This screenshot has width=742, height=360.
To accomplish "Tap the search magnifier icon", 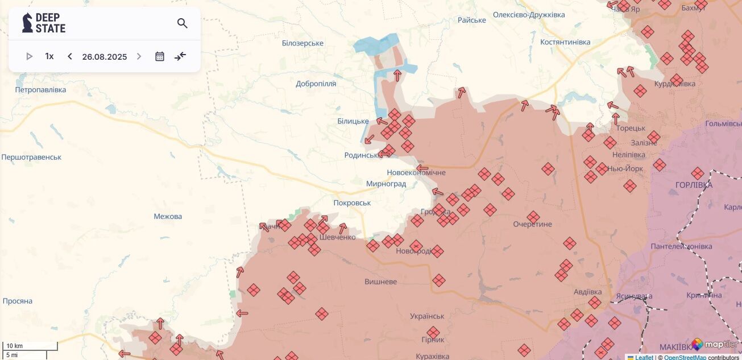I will (182, 23).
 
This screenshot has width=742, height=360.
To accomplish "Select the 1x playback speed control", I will (49, 56).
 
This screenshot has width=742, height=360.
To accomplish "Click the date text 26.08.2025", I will (105, 57).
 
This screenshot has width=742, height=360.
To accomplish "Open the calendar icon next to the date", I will (160, 56).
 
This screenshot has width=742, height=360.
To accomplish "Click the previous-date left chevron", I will (70, 56).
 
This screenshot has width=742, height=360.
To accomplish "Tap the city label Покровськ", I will (352, 203).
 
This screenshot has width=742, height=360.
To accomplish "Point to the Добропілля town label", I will (316, 84).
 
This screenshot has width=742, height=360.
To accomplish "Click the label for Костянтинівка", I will (565, 42).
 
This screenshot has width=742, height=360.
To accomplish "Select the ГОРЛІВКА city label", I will (694, 185).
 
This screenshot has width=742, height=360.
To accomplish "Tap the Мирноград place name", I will (386, 184).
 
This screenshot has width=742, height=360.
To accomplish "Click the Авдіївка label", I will (587, 292).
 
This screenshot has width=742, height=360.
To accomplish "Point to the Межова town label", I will (168, 217).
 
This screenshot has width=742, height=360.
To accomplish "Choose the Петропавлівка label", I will (40, 90).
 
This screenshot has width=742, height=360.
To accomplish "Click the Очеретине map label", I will (532, 224).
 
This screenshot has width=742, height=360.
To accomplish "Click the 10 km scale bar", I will (30, 346).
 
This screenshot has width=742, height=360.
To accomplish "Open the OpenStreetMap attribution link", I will (685, 357).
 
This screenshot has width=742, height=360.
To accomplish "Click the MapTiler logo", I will (715, 344).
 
